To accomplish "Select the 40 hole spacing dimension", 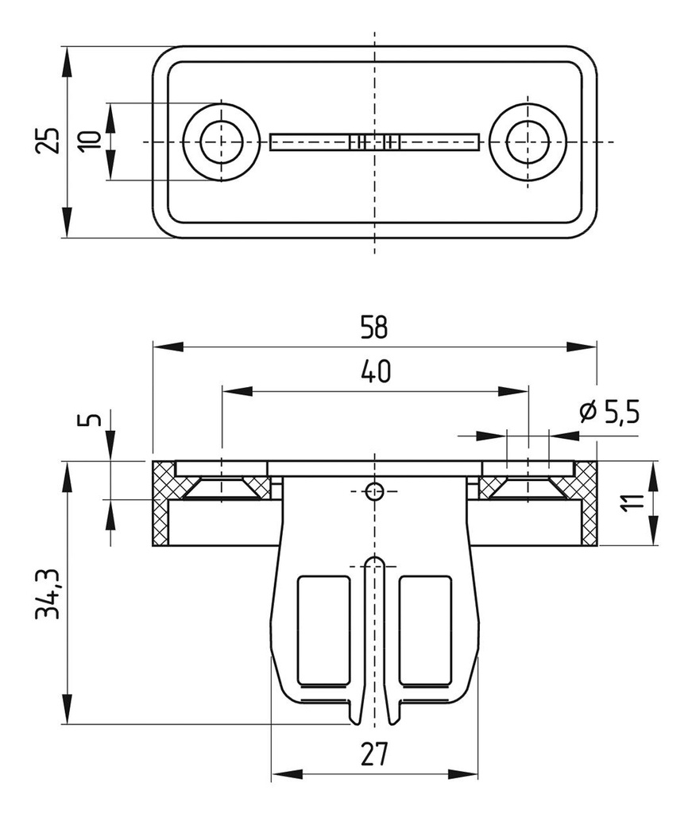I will point(374,371).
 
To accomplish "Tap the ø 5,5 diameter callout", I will point(609,413).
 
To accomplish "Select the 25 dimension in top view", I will point(48,141).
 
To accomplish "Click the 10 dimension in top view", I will point(91,141).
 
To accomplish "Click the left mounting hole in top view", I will point(221,141).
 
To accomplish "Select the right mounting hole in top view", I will point(527,141).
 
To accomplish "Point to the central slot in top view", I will point(374,141).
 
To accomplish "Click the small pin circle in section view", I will point(374,491).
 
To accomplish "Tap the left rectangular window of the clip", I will point(324,630).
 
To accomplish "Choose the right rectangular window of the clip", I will point(425,630).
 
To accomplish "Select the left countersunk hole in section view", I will point(222,485).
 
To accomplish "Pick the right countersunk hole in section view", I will point(527,485).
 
